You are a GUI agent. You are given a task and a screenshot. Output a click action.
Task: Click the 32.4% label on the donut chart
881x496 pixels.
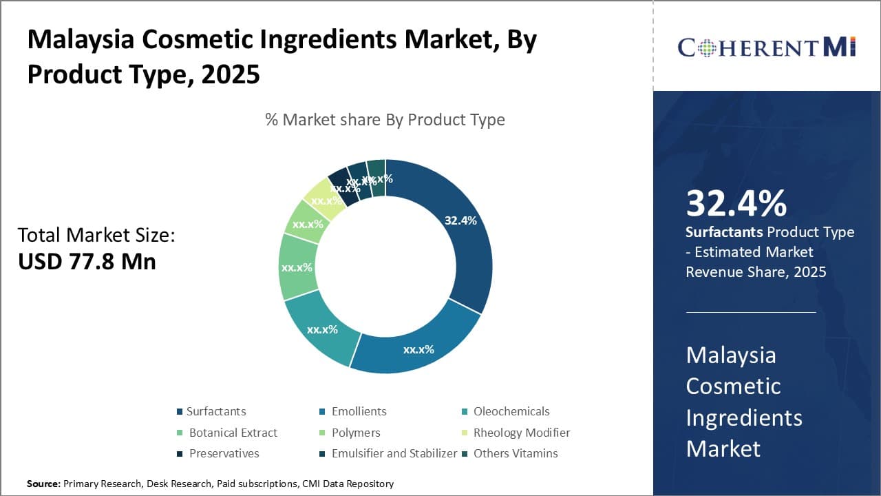(x=460, y=220)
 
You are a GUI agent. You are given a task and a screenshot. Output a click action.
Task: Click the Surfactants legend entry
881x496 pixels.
(x=215, y=411)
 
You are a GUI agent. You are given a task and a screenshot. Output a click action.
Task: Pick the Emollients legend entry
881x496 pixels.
(x=359, y=411)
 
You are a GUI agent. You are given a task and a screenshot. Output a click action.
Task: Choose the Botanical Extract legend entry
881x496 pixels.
(x=233, y=433)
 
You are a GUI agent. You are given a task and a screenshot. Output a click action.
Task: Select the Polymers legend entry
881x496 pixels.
(x=355, y=433)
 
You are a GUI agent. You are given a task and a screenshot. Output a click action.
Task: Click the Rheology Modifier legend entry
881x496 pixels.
(x=521, y=433)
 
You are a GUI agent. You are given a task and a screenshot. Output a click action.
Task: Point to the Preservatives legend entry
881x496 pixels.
(x=223, y=453)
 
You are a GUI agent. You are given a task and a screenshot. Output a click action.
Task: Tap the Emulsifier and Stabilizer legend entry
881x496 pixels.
(x=394, y=453)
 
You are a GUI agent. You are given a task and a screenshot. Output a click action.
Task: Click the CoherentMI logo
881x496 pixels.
(x=766, y=47)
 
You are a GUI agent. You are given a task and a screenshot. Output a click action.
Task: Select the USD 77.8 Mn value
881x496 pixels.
(x=87, y=262)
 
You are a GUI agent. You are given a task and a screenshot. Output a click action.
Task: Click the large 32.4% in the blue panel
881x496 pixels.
(x=736, y=204)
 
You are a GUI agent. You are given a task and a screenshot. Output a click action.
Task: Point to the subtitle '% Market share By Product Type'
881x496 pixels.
(x=385, y=120)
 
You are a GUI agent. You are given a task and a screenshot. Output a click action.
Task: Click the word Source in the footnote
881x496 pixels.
(x=43, y=484)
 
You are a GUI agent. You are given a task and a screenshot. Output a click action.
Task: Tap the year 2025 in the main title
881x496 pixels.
(x=231, y=74)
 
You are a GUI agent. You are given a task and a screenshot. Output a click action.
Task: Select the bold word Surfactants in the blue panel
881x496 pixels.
(x=724, y=232)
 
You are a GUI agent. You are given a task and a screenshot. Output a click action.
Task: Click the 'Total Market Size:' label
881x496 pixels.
(x=96, y=235)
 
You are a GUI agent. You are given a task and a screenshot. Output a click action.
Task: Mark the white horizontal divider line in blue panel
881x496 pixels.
(x=750, y=312)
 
